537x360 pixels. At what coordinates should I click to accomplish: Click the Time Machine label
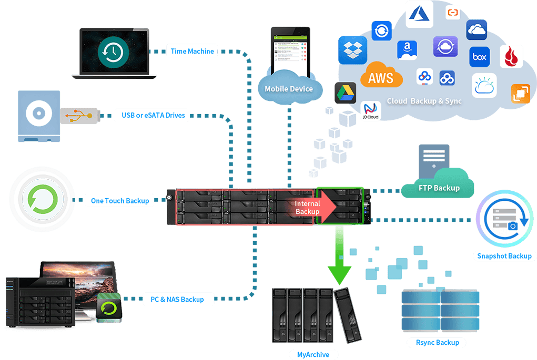pos(192,51)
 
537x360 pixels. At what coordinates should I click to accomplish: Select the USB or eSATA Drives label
pos(153,115)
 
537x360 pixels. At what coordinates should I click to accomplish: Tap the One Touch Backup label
pos(120,200)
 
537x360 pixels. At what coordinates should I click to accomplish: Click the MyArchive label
pos(313,354)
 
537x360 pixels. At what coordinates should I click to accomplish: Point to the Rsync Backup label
pos(437,342)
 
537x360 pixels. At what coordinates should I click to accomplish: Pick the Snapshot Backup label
pos(504,256)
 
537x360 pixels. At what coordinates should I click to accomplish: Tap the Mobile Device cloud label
pos(288,88)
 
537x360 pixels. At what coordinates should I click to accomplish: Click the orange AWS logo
pos(381,78)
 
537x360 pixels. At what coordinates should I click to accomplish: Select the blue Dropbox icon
pos(352,50)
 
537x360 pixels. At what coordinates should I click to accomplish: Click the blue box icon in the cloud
pos(479,57)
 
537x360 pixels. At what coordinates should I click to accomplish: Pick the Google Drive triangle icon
pos(345,93)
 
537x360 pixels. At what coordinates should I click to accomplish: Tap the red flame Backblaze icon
pos(511,56)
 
